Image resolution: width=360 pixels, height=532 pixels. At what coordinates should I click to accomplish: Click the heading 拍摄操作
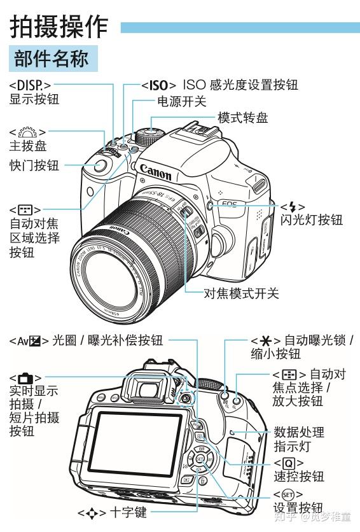60,26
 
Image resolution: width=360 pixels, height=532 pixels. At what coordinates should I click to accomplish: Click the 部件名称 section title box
53,60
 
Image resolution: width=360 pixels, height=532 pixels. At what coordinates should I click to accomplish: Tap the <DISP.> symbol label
30,85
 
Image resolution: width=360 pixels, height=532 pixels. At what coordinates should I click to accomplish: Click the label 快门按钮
34,165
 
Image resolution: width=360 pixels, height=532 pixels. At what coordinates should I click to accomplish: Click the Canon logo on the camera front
155,172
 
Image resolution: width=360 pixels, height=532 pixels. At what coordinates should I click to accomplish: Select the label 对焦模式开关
241,293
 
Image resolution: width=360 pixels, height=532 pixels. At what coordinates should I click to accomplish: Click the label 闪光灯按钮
312,220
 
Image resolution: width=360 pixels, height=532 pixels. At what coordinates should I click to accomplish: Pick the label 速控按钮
298,476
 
